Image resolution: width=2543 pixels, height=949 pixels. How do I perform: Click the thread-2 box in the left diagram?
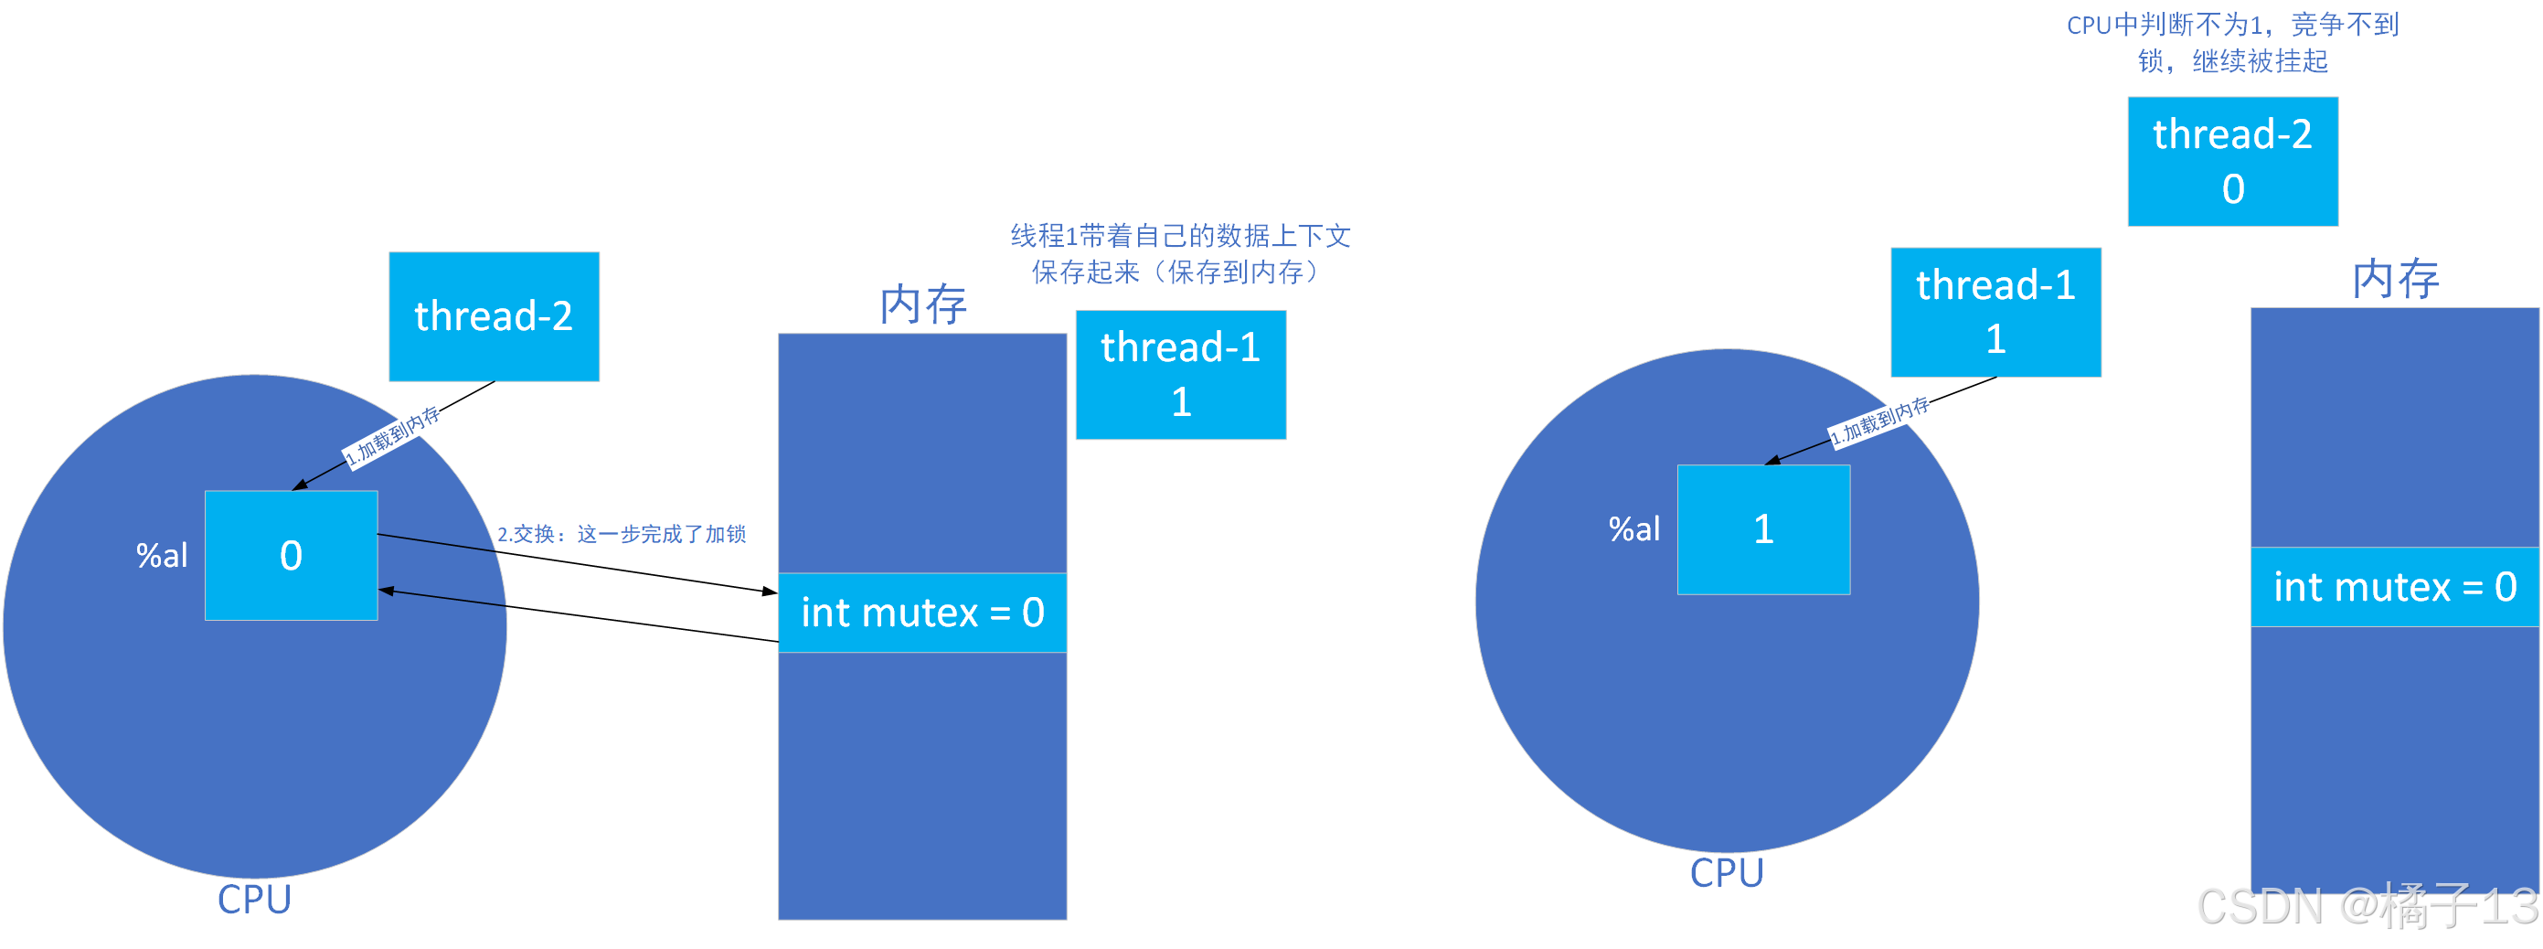[x=494, y=316]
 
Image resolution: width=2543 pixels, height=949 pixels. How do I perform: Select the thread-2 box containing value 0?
[x=2232, y=161]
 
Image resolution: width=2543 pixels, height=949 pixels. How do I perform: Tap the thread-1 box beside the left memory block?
[x=1181, y=374]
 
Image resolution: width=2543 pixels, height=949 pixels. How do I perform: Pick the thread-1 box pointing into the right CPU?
[x=1995, y=312]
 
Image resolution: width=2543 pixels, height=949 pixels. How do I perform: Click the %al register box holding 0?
[x=292, y=555]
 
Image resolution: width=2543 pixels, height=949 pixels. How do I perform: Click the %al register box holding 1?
[x=1763, y=529]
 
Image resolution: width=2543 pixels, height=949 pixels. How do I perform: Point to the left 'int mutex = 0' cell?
[x=922, y=613]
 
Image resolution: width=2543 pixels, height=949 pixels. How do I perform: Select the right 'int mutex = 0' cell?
[x=2394, y=587]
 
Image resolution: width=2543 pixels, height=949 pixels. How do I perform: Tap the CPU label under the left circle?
[x=255, y=900]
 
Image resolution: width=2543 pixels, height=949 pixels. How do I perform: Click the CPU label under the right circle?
[x=1727, y=873]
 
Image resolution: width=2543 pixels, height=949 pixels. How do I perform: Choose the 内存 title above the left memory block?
[x=923, y=304]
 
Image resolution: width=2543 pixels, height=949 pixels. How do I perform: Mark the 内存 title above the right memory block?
[x=2395, y=279]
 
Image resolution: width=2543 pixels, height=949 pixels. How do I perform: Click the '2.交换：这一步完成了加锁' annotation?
[x=621, y=534]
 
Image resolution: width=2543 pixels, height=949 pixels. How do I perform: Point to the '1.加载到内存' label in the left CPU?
[x=393, y=435]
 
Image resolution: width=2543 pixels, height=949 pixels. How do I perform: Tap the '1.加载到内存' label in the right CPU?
[x=1878, y=421]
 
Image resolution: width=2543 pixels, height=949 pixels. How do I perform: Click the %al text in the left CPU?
[x=162, y=556]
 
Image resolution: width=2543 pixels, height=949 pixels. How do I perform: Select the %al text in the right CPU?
[x=1633, y=530]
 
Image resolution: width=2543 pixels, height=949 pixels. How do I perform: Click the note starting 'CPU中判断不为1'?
[x=2232, y=42]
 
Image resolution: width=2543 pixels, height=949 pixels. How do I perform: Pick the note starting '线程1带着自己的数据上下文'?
[x=1180, y=254]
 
